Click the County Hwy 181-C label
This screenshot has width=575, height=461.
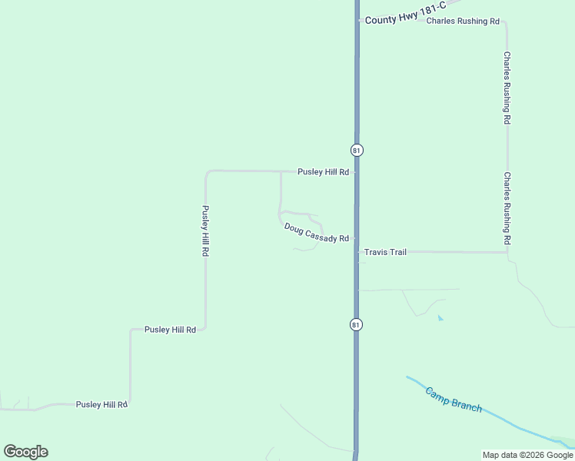396,18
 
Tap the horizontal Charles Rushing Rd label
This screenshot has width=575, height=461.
463,22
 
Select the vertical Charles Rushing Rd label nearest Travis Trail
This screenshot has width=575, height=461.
507,208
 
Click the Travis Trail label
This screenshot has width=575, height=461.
385,252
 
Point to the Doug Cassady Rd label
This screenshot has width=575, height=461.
317,233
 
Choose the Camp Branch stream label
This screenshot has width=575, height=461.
454,399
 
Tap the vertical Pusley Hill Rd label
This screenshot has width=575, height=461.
205,230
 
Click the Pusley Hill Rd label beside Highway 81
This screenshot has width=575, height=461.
324,172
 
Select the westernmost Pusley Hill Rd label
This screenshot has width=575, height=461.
101,404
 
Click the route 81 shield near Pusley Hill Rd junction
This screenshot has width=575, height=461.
357,150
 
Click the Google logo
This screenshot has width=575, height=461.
25,452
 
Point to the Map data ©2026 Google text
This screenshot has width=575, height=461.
527,455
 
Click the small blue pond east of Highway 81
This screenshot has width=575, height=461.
440,317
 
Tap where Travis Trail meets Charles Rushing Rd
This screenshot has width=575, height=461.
507,252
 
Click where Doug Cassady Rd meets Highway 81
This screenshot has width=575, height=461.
356,239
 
